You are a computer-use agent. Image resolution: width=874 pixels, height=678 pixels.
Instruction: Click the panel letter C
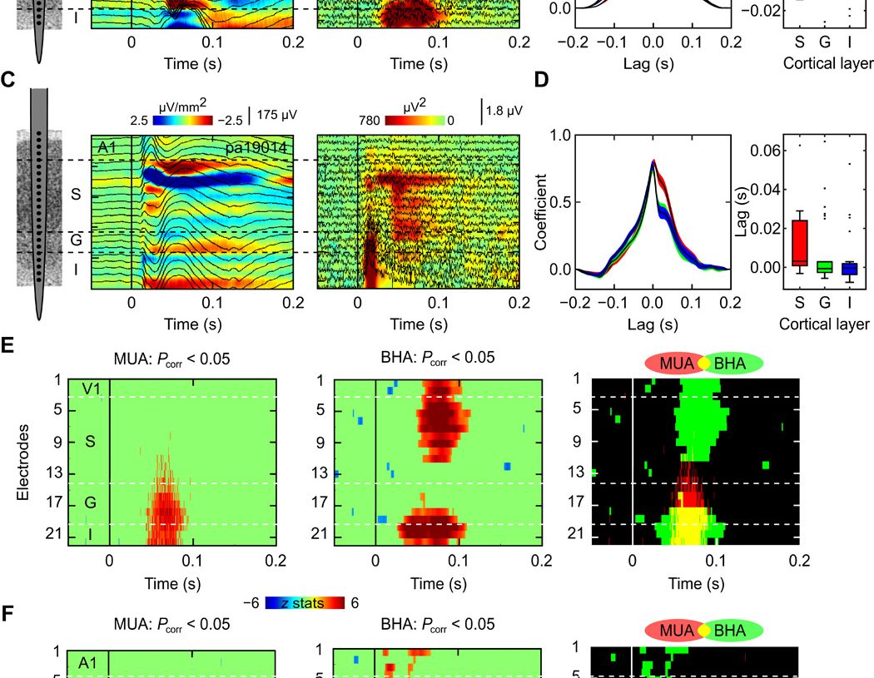click(x=8, y=80)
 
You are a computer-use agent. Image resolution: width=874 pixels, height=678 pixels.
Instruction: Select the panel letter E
click(x=8, y=344)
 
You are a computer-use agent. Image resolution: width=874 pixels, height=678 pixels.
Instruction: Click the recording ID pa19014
click(x=257, y=147)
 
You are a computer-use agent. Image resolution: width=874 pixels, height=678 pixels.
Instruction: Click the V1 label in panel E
click(x=92, y=388)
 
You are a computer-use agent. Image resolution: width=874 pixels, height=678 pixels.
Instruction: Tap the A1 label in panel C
click(x=106, y=148)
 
